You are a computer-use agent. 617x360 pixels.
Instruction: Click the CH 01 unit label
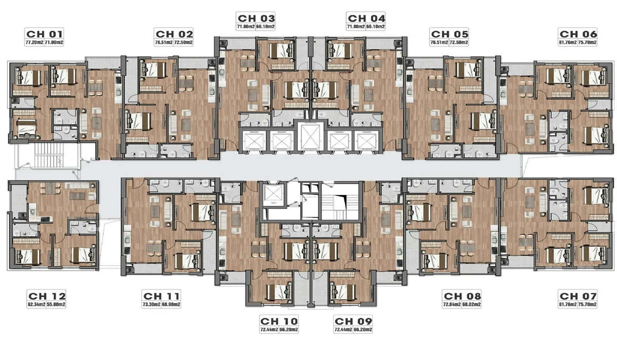coord(44,34)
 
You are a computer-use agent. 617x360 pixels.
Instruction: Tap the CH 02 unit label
coord(174,34)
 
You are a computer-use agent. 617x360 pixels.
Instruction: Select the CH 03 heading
coord(256,18)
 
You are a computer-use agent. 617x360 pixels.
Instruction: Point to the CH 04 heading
coord(366,18)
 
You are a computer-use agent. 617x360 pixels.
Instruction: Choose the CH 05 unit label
coord(449,34)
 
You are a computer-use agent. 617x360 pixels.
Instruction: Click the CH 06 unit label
coord(578,34)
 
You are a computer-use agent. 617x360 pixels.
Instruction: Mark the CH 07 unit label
coord(578,296)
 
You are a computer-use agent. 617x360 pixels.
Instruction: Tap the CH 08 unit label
coord(462,296)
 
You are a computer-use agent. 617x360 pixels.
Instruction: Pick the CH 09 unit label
coord(353,321)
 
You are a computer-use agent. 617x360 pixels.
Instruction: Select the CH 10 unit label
coord(279,321)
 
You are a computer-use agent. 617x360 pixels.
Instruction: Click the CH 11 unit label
coord(161,296)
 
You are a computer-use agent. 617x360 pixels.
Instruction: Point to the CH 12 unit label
coord(47,296)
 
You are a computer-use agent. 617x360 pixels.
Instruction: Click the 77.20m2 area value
coord(34,42)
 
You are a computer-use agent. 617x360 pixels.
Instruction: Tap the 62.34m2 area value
coord(37,304)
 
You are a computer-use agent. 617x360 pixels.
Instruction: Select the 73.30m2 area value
coord(151,304)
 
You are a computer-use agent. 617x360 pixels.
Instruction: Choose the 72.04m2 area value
coord(452,304)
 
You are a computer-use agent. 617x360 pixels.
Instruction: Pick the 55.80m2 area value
coord(56,304)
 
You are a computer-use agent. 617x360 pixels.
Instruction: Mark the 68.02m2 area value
coord(472,304)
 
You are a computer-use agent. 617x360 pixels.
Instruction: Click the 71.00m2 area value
coord(54,42)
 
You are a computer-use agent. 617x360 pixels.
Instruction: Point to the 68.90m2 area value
coord(171,304)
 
